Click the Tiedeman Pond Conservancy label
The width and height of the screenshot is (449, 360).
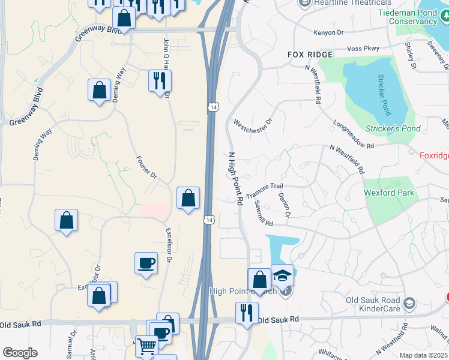408,16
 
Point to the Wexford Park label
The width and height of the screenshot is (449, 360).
389,193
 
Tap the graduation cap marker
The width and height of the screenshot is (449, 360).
282,275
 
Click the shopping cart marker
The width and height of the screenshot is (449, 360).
146,346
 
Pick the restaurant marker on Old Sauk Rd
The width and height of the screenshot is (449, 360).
247,313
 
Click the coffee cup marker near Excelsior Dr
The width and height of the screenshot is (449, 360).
146,263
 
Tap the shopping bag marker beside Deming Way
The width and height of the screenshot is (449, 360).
99,91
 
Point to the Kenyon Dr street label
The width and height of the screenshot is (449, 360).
328,32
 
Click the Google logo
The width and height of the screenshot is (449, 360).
20,353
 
